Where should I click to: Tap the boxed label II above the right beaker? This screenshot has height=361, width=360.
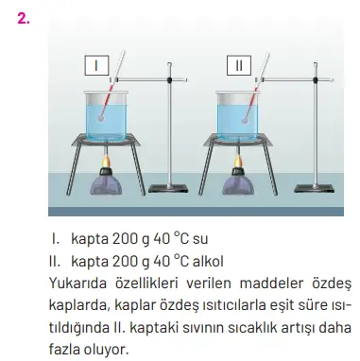click(x=239, y=66)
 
